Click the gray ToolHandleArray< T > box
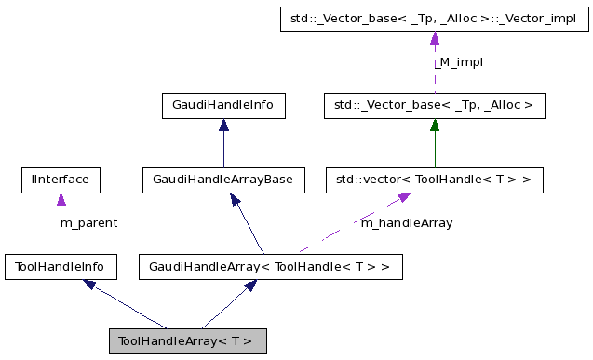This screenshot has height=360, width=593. click(x=188, y=340)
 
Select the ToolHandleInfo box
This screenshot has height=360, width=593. click(x=61, y=268)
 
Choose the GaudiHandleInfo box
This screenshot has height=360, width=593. click(x=223, y=106)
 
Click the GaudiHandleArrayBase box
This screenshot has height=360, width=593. click(x=223, y=180)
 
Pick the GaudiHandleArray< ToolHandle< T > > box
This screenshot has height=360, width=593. click(x=270, y=268)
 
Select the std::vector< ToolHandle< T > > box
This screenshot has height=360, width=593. click(x=434, y=180)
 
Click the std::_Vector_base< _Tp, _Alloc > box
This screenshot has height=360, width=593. click(x=434, y=106)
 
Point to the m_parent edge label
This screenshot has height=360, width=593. click(x=88, y=223)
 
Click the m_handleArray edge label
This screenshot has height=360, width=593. click(x=406, y=223)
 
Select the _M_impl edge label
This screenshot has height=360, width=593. click(x=459, y=61)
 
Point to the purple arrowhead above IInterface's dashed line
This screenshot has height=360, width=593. click(x=61, y=199)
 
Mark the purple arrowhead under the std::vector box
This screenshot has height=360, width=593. click(x=404, y=198)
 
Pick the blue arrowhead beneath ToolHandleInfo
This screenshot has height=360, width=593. click(x=90, y=286)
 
